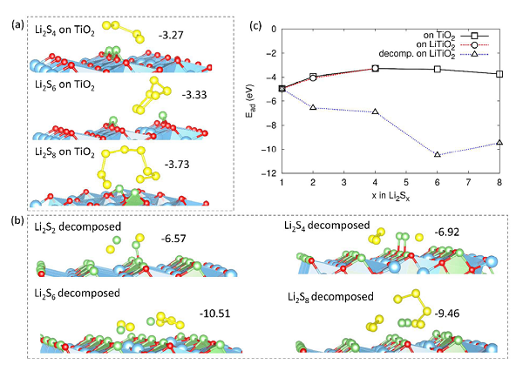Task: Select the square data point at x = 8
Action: tap(499, 74)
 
